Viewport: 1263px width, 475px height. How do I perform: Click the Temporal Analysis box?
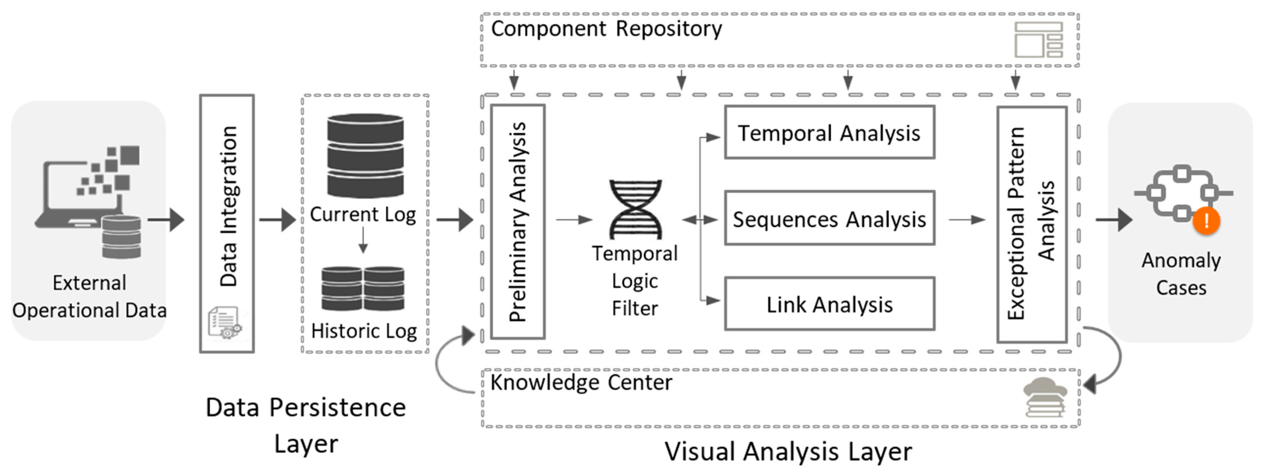[x=829, y=133]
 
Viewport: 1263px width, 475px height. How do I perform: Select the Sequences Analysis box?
[x=829, y=218]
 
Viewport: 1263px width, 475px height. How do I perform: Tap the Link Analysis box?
[x=829, y=304]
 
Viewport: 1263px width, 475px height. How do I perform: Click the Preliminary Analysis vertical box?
[x=518, y=222]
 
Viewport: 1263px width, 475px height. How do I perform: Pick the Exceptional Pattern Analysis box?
[x=1032, y=224]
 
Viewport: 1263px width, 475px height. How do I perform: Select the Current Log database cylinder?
[x=365, y=156]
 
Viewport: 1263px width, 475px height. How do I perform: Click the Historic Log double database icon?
[x=363, y=289]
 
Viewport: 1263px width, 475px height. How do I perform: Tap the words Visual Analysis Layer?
[x=788, y=451]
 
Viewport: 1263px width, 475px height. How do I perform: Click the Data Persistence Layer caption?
[x=306, y=425]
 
